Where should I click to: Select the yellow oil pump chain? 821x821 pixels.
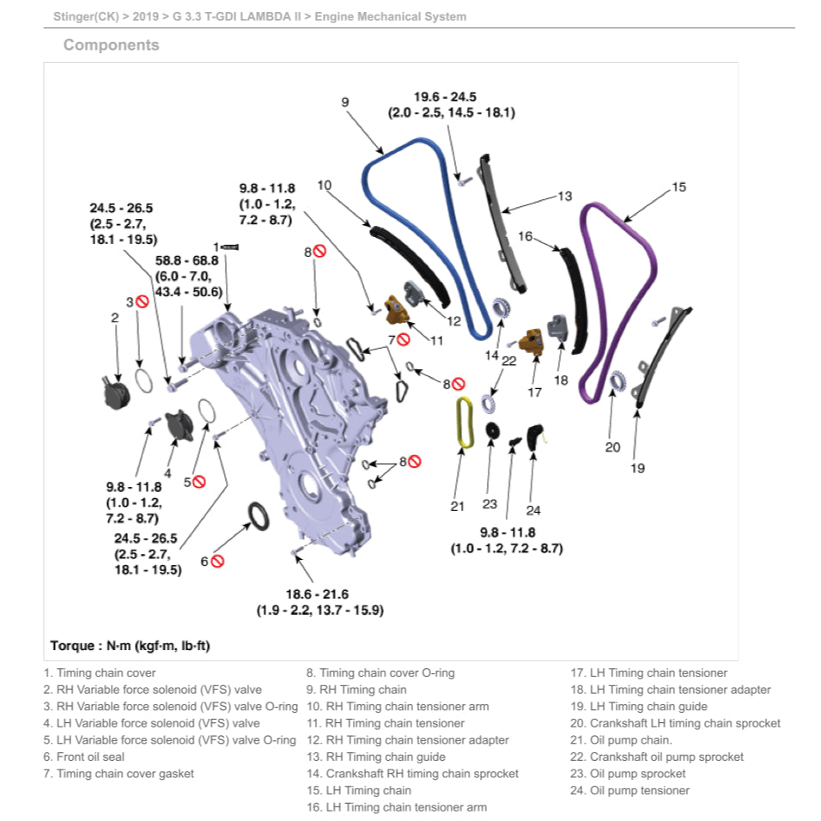464,423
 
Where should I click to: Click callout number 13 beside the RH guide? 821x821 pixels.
564,197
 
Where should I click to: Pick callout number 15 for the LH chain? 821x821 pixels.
678,186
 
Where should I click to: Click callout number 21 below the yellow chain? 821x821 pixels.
457,507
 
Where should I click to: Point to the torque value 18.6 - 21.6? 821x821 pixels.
318,594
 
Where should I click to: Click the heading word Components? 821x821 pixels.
111,46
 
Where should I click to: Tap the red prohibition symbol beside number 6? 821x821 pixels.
218,561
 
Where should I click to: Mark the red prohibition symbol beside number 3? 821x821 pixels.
143,301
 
